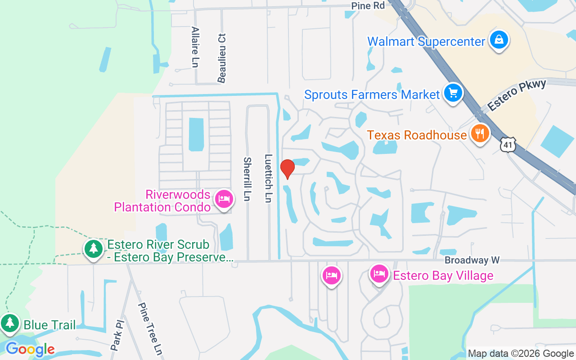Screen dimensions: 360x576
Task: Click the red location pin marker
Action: pyautogui.click(x=287, y=169)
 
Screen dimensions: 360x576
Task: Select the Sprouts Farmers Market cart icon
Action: pyautogui.click(x=453, y=93)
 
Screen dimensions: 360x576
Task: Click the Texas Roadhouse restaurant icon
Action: pyautogui.click(x=480, y=134)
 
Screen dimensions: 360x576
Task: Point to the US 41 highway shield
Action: pyautogui.click(x=508, y=145)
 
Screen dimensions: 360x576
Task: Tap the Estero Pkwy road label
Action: pyautogui.click(x=517, y=95)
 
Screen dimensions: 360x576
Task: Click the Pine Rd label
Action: pyautogui.click(x=369, y=6)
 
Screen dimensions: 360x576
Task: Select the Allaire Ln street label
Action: pyautogui.click(x=195, y=47)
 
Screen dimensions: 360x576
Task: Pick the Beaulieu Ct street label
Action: pyautogui.click(x=222, y=58)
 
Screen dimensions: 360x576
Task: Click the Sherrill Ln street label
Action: pyautogui.click(x=247, y=179)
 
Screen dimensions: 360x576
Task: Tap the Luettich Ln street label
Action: pyautogui.click(x=269, y=179)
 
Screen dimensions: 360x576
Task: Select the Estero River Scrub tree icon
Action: pyautogui.click(x=94, y=248)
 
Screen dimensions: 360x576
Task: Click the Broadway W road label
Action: pyautogui.click(x=472, y=260)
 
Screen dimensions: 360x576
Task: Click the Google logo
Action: pyautogui.click(x=30, y=349)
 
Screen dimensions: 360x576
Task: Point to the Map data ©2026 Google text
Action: pyautogui.click(x=521, y=354)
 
